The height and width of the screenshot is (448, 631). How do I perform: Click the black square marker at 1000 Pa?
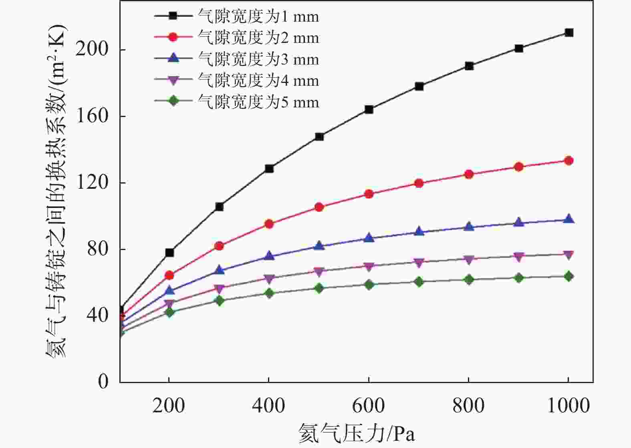(x=569, y=32)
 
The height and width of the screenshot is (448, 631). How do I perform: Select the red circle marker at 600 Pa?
(x=369, y=194)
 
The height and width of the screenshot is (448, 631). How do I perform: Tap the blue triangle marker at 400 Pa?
(x=269, y=256)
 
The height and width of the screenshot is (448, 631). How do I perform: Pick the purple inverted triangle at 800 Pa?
(x=469, y=259)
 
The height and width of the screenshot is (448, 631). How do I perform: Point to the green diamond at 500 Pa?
(x=319, y=288)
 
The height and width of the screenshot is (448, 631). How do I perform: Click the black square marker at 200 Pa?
(x=169, y=252)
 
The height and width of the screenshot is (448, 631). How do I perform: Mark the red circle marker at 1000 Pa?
(x=569, y=161)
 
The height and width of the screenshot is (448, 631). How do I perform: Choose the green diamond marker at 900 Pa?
(x=519, y=278)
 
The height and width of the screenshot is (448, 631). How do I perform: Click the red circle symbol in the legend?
(x=173, y=37)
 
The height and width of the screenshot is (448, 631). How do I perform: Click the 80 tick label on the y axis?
(x=97, y=249)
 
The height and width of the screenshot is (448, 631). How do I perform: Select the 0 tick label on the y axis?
(x=103, y=381)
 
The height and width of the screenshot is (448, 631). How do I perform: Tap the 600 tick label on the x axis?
(x=369, y=406)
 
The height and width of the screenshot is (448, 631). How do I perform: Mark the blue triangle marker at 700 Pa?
(x=419, y=232)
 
